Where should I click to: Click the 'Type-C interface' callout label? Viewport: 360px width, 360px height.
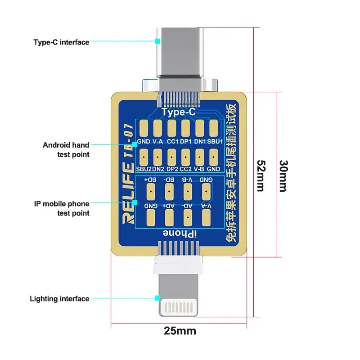(61, 42)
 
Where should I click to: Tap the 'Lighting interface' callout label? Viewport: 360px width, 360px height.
(59, 298)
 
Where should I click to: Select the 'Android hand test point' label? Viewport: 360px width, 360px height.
(66, 149)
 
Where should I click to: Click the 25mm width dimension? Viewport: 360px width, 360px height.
(180, 331)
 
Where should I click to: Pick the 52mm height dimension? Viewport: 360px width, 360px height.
(260, 175)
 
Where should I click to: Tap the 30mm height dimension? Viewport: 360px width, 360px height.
(282, 175)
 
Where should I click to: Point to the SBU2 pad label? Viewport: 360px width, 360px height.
(144, 170)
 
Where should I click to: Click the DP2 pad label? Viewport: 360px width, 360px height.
(172, 170)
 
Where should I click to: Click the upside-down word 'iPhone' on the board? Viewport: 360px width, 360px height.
(178, 233)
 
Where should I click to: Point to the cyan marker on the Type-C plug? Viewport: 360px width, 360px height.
(158, 41)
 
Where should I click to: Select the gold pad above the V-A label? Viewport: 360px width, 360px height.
(157, 129)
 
